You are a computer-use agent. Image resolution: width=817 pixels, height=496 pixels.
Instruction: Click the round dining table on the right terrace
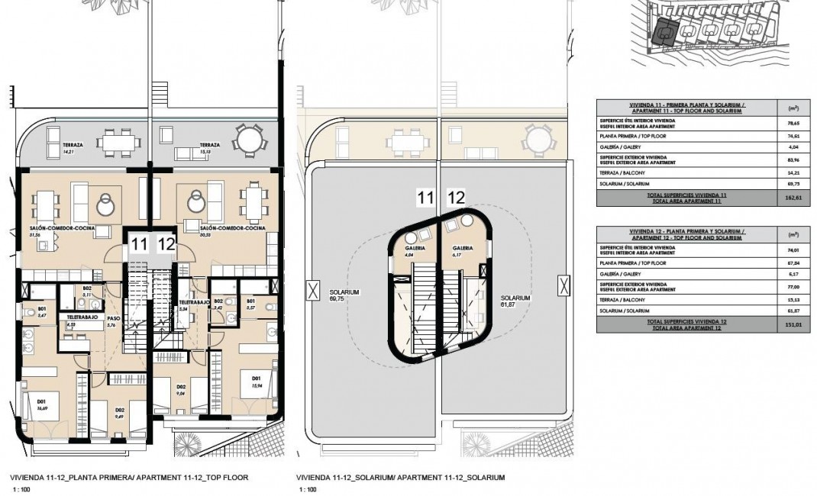click(x=249, y=140)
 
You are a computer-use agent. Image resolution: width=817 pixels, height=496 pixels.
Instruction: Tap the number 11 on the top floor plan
click(x=138, y=245)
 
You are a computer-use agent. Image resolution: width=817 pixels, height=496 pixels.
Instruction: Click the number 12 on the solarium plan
click(x=456, y=198)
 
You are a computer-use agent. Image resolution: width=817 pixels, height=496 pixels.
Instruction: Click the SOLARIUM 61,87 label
click(x=515, y=301)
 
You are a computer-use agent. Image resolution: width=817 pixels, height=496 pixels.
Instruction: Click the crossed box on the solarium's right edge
click(x=564, y=286)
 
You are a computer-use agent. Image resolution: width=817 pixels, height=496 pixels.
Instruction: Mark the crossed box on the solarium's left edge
click(x=312, y=290)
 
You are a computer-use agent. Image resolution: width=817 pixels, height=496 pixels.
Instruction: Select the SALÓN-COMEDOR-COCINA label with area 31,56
click(x=57, y=230)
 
